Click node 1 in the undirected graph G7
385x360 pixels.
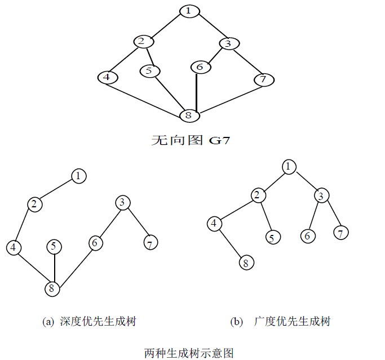[x=190, y=11]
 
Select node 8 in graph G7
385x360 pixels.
[x=189, y=115]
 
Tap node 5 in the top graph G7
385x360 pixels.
[x=149, y=71]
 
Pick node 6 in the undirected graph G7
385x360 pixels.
[x=200, y=67]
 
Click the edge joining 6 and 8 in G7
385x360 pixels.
[x=196, y=91]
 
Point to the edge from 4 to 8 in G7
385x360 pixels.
[x=148, y=96]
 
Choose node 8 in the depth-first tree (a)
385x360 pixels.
[x=53, y=288]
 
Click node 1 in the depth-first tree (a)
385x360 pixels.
[x=78, y=176]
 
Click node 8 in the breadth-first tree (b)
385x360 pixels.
[x=245, y=263]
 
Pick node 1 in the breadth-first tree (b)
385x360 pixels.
[x=289, y=166]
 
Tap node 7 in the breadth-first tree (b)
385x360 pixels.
[x=340, y=232]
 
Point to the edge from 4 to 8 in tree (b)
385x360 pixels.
[x=230, y=243]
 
